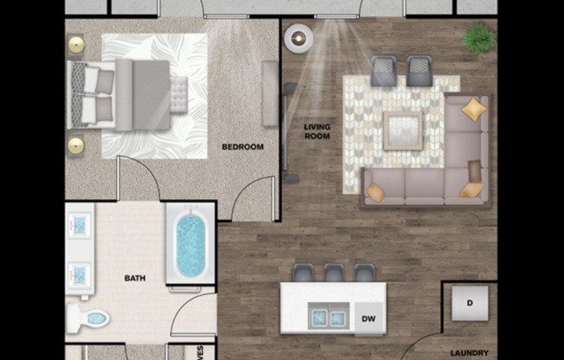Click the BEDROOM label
coord(242,147)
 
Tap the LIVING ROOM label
coord(317,132)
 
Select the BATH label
coord(135,279)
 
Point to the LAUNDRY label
coord(471,353)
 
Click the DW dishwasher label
coord(368,318)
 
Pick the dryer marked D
coord(471,303)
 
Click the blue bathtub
coord(190,244)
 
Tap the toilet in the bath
coord(89,318)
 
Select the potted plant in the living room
coord(478,38)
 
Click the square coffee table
coord(402,131)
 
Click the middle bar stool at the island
coord(334,273)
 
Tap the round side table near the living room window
coord(299,38)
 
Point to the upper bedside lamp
coord(76,44)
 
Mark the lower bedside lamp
coord(76,145)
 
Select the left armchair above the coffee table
coord(382,70)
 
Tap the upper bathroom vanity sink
coord(80,225)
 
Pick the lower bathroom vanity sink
coord(80,275)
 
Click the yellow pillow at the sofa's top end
coord(473,110)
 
